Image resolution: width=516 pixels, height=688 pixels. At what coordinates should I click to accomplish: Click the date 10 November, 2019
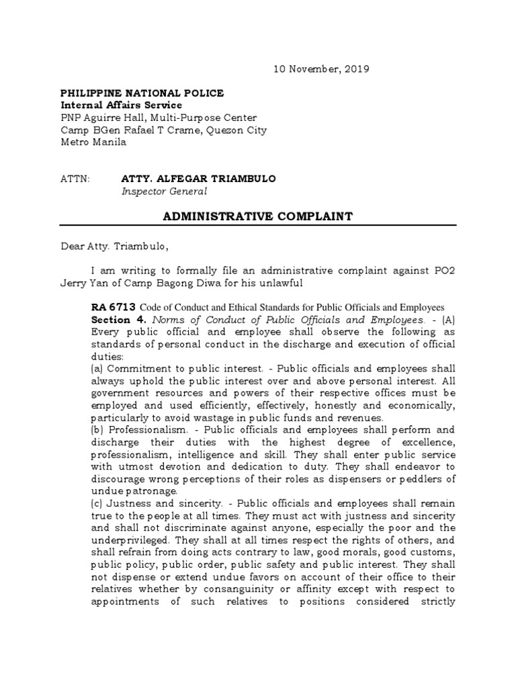(320, 69)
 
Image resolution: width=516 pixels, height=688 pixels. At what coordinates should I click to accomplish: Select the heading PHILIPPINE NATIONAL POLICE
(142, 93)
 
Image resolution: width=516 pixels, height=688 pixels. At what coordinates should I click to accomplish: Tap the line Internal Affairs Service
(121, 105)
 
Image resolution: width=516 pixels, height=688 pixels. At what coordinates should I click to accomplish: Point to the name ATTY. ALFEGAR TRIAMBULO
(198, 179)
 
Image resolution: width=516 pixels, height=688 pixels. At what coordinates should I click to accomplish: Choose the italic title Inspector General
(164, 191)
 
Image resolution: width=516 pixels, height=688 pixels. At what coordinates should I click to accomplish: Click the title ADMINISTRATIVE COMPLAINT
(259, 216)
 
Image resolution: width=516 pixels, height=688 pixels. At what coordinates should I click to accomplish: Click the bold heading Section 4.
(119, 320)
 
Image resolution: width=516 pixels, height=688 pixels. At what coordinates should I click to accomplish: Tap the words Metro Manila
(93, 142)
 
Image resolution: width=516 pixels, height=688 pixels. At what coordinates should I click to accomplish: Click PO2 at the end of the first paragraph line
(443, 271)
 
